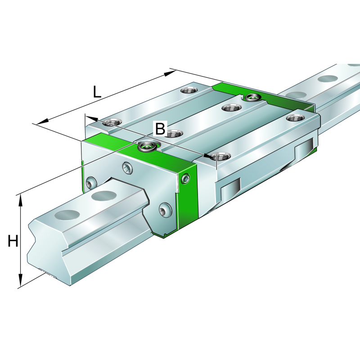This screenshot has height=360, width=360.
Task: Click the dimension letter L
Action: click(x=97, y=92)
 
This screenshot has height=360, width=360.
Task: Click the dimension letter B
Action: click(x=160, y=129)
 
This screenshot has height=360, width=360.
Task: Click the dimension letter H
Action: click(x=13, y=242)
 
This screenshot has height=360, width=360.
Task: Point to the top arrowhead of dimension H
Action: click(x=20, y=200)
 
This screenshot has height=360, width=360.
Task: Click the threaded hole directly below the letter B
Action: click(x=172, y=133)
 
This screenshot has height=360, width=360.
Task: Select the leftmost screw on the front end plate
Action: click(x=91, y=183)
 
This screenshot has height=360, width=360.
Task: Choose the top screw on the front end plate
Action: click(x=128, y=169)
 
